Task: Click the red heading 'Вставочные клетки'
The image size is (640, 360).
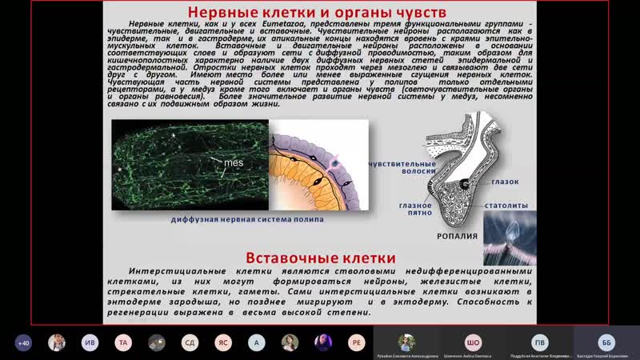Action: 319,258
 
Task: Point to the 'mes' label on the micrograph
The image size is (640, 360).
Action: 233,162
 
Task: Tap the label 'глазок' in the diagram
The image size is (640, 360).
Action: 505,182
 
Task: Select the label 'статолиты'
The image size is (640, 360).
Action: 505,205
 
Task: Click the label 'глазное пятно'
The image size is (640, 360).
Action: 416,210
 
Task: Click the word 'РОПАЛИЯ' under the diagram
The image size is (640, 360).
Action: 458,236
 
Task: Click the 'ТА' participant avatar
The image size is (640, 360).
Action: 123,342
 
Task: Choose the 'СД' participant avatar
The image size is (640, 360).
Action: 190,342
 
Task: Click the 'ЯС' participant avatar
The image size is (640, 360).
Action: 223,342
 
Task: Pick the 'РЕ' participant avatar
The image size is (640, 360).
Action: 356,342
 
